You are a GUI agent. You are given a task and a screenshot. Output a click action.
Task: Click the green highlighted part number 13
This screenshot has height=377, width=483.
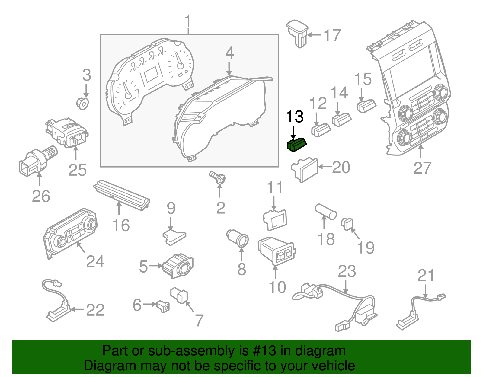[x=296, y=144]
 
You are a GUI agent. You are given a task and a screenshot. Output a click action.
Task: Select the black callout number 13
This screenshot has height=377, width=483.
[x=294, y=117]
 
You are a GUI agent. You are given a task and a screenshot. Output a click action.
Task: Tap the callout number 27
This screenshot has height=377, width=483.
[x=422, y=168]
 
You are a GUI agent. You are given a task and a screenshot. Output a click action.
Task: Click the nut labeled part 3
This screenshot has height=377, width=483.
[x=82, y=103]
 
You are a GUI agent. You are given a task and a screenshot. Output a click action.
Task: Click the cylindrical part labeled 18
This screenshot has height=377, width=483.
[x=325, y=211]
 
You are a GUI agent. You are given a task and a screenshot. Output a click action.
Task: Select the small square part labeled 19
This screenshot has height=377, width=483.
[x=347, y=224]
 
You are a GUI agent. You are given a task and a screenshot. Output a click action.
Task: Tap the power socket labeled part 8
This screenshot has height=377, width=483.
[x=238, y=238]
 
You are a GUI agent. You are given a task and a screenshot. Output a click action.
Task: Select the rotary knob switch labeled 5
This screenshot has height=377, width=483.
[x=178, y=265]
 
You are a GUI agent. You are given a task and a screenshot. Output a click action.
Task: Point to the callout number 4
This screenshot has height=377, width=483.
[x=229, y=53]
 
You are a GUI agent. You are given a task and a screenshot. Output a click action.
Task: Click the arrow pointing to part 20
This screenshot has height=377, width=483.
[x=325, y=167]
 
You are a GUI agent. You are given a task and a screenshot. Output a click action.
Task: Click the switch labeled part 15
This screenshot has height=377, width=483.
[x=366, y=105]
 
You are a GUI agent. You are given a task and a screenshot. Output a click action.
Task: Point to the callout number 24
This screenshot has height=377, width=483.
[x=95, y=261]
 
